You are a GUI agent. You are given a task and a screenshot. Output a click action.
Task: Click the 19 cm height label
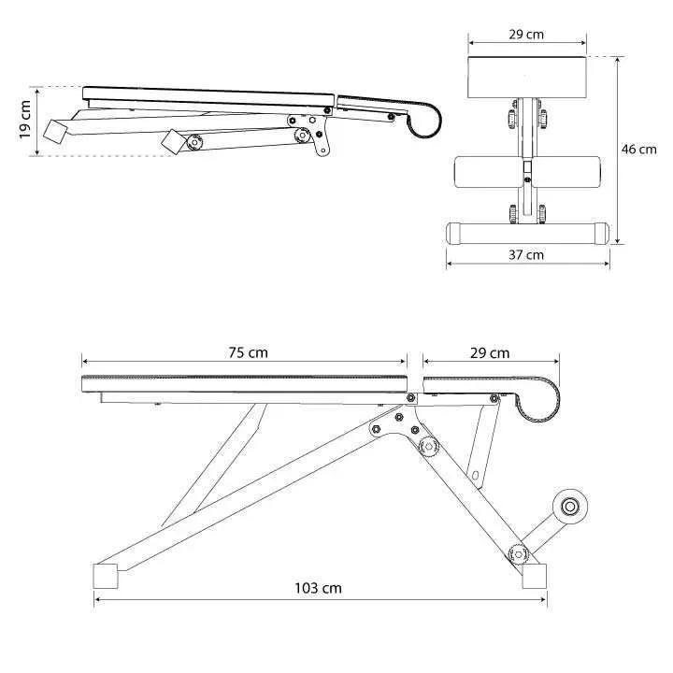[25, 120]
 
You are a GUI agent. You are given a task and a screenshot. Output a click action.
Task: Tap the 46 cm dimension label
[638, 150]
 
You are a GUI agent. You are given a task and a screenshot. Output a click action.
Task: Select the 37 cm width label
[526, 255]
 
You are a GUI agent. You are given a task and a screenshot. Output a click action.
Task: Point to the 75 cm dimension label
[248, 352]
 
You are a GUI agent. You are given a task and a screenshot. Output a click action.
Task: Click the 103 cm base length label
[318, 588]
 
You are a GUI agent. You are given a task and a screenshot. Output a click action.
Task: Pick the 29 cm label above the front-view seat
[526, 35]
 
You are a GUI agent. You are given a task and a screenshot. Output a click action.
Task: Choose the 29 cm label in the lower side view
[490, 353]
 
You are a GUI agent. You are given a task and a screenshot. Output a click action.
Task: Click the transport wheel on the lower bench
[570, 507]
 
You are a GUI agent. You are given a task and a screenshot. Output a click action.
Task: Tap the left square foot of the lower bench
[106, 576]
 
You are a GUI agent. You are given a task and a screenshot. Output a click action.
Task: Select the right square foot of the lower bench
[535, 576]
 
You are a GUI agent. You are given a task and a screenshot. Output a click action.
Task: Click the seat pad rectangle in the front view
[527, 78]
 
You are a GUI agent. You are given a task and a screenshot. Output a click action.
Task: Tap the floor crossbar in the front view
[527, 234]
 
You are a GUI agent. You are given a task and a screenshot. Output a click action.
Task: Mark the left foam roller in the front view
[489, 172]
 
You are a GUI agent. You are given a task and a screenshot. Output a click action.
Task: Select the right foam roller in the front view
[566, 172]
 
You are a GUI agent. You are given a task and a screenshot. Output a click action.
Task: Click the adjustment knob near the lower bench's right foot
[518, 554]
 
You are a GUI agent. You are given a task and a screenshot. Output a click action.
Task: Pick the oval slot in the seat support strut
[475, 476]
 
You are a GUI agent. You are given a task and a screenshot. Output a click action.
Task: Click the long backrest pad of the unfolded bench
[244, 384]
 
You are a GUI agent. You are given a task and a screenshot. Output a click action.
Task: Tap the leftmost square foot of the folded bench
[55, 132]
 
